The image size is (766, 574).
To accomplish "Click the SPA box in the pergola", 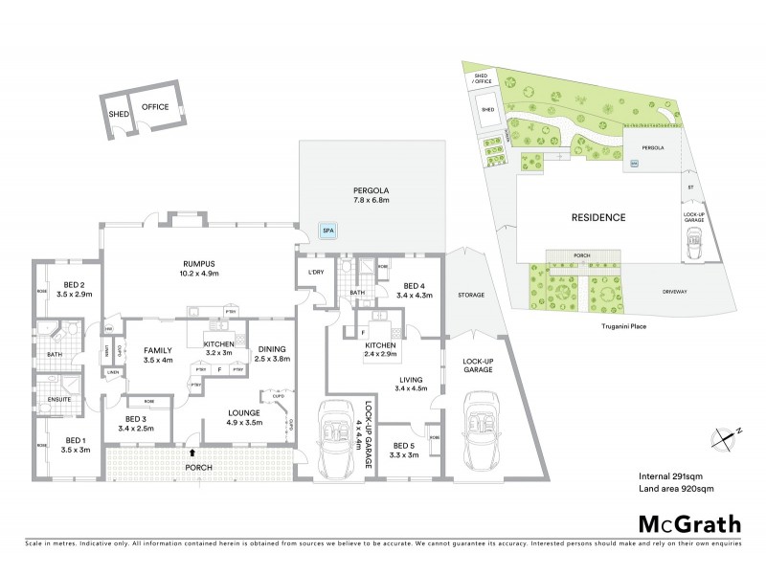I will pos(327,231).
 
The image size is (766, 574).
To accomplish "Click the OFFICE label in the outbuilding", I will pos(155,107).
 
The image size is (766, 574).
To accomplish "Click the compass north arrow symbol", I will pos(726,437).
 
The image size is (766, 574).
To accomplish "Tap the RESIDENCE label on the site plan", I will pos(598,217).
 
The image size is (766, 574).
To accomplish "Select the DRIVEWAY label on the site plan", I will pos(678,292).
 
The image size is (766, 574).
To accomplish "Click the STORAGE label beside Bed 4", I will pos(470,296).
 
